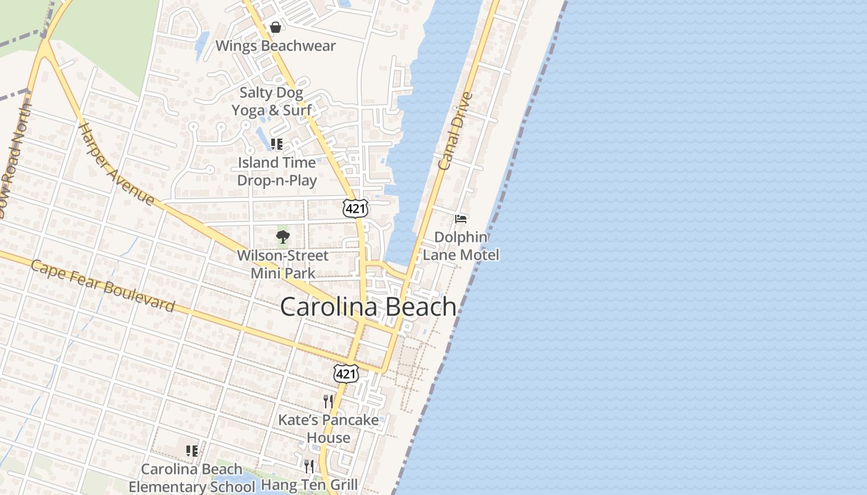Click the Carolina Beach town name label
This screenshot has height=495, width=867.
coord(368,307)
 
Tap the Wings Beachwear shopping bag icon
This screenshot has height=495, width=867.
coord(276,27)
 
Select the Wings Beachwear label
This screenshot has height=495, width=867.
coord(276,46)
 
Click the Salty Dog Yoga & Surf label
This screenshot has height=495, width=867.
coord(271,101)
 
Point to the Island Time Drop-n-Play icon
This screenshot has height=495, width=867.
coord(277,144)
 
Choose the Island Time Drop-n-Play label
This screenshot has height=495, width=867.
coord(277,171)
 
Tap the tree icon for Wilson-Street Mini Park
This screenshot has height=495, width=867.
coord(283,236)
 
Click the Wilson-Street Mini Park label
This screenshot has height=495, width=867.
coord(283,264)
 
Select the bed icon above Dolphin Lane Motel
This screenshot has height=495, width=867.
coord(461,218)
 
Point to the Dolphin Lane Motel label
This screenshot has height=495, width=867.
coord(461,246)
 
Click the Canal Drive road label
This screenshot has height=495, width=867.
coord(455,131)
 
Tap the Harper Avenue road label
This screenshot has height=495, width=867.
coord(116,164)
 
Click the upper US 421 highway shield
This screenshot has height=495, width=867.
coord(355,209)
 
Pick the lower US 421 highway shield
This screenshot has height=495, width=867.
coord(346,373)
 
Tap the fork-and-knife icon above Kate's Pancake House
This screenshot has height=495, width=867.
coord(328,402)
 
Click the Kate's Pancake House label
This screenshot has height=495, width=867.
coord(328,429)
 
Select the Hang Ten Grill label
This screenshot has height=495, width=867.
coord(309,484)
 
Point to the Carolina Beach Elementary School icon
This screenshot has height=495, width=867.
coord(192,450)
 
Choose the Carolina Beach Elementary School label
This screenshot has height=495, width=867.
coord(191,478)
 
